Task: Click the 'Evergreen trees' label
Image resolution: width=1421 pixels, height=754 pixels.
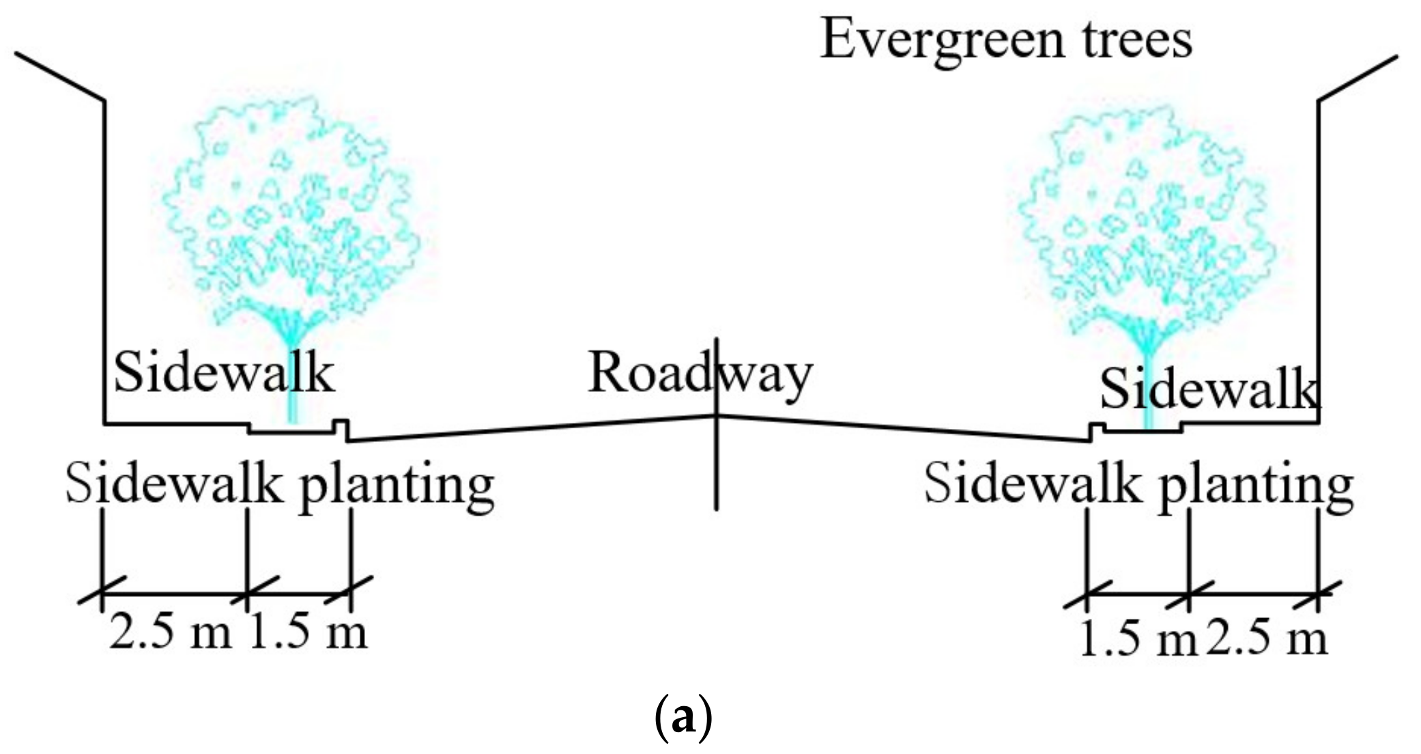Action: click(x=1005, y=40)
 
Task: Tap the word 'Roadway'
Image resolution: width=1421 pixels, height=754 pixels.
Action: click(x=700, y=374)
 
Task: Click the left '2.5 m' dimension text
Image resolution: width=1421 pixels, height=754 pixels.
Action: click(x=171, y=632)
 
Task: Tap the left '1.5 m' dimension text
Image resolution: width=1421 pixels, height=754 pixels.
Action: click(x=308, y=632)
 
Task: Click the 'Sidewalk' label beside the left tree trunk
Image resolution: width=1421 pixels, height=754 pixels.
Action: click(x=224, y=374)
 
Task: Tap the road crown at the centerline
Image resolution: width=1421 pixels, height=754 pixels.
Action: click(x=716, y=415)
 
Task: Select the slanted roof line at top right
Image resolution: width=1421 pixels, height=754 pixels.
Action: click(x=1358, y=78)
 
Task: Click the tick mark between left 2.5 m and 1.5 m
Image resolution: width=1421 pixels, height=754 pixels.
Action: click(x=247, y=594)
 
